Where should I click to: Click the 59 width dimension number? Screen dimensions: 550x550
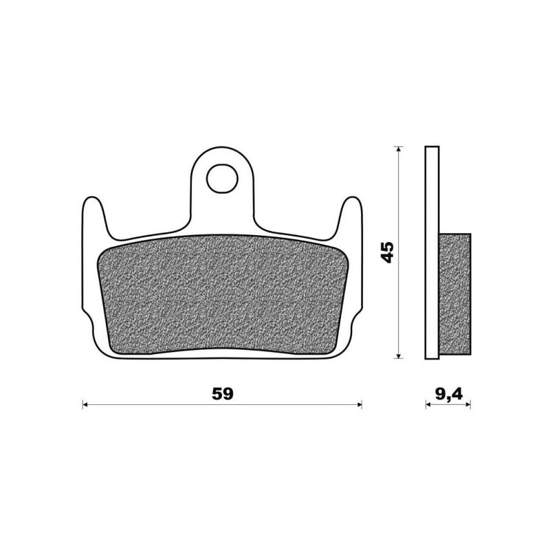(x=222, y=395)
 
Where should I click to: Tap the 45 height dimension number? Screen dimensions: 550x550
(x=388, y=252)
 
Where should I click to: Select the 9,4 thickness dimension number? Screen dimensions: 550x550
(x=448, y=394)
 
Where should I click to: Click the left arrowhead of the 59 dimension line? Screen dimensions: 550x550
(x=85, y=406)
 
